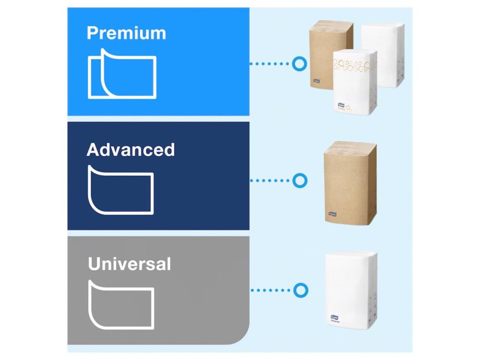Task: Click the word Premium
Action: [126, 34]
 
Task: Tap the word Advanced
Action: [130, 150]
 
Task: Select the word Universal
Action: [129, 264]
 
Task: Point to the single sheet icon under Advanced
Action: [121, 189]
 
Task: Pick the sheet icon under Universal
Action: [121, 305]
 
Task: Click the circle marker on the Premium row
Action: [299, 63]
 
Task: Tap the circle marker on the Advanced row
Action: [299, 180]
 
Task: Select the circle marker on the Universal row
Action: [299, 290]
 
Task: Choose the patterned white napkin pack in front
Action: [354, 82]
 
